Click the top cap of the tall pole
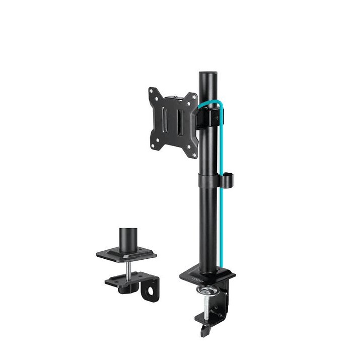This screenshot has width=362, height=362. click(207, 74)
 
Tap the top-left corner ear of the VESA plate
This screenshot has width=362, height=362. click(153, 92)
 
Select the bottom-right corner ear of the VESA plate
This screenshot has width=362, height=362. click(192, 154)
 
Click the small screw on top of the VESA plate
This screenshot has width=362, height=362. click(174, 96)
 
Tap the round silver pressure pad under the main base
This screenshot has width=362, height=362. click(208, 291)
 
